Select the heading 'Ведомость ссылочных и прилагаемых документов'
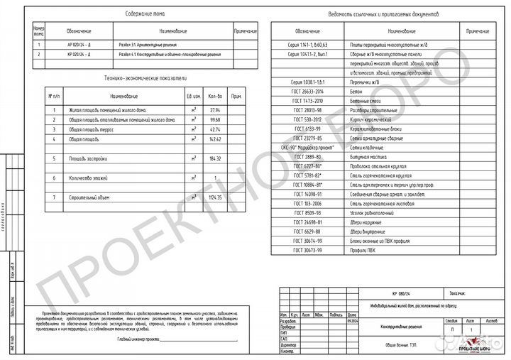[x=384, y=13]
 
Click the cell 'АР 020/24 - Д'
[x=79, y=44]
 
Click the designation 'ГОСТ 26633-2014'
[x=308, y=92]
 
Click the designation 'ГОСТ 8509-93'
[x=308, y=212]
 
